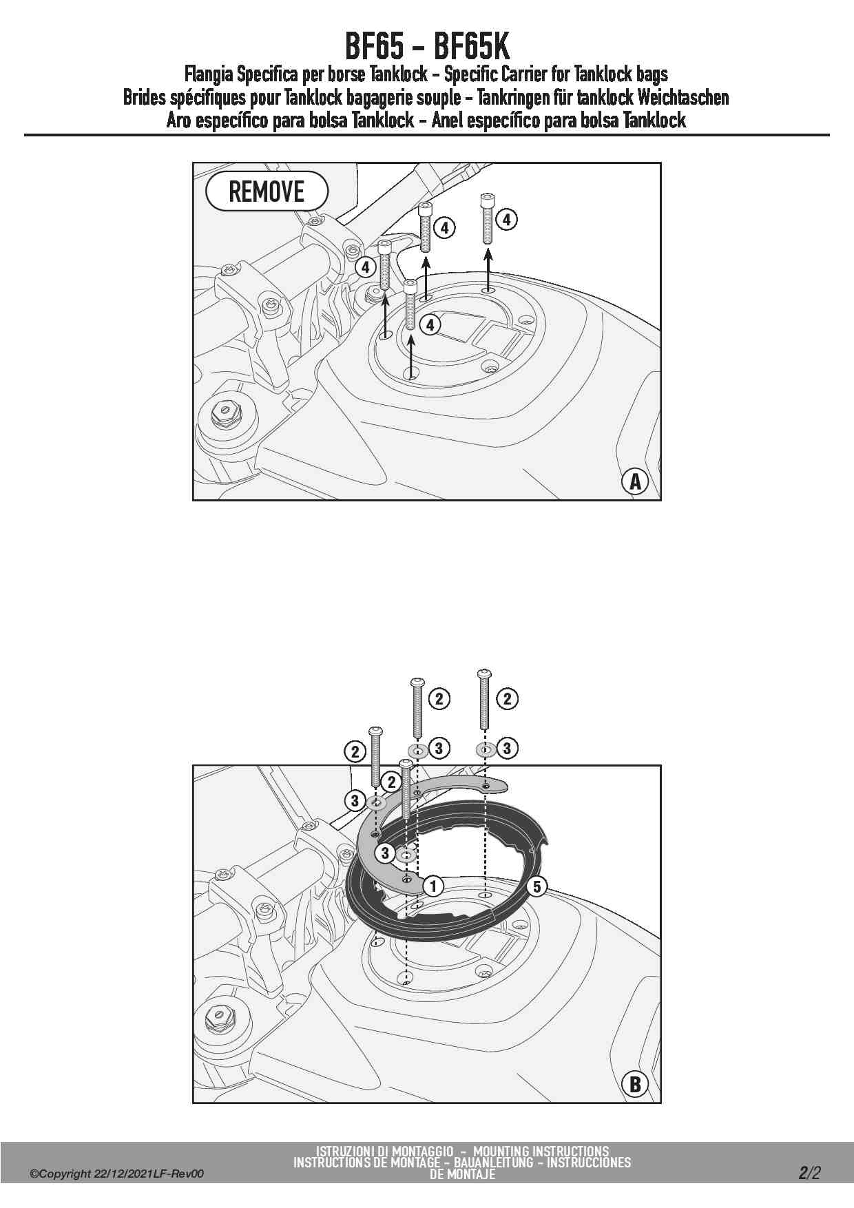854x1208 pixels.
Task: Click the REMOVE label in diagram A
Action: coord(267,191)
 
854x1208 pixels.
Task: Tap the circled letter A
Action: coord(635,481)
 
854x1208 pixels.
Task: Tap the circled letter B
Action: coord(635,1085)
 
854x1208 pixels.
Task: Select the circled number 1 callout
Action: coord(433,886)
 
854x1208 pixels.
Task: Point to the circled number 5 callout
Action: coord(537,886)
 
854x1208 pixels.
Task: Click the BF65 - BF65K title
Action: coord(427,47)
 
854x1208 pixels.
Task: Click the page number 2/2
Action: coord(810,1173)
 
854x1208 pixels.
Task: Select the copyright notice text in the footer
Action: coord(116,1174)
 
